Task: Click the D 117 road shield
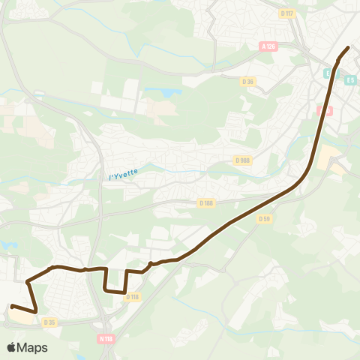coord(286,13)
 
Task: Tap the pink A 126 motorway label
coord(268,46)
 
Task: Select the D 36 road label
coord(248,81)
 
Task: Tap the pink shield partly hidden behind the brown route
coord(323,110)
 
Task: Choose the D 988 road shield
coord(242,160)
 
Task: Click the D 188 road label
coord(206,202)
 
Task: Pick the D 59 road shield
coord(263,219)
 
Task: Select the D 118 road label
coord(133,297)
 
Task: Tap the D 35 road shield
coord(49,322)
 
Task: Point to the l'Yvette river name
coord(124,175)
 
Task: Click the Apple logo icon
coord(12,347)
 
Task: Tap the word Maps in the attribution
coord(33,347)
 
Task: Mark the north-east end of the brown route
coord(349,48)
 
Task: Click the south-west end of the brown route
coord(12,305)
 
